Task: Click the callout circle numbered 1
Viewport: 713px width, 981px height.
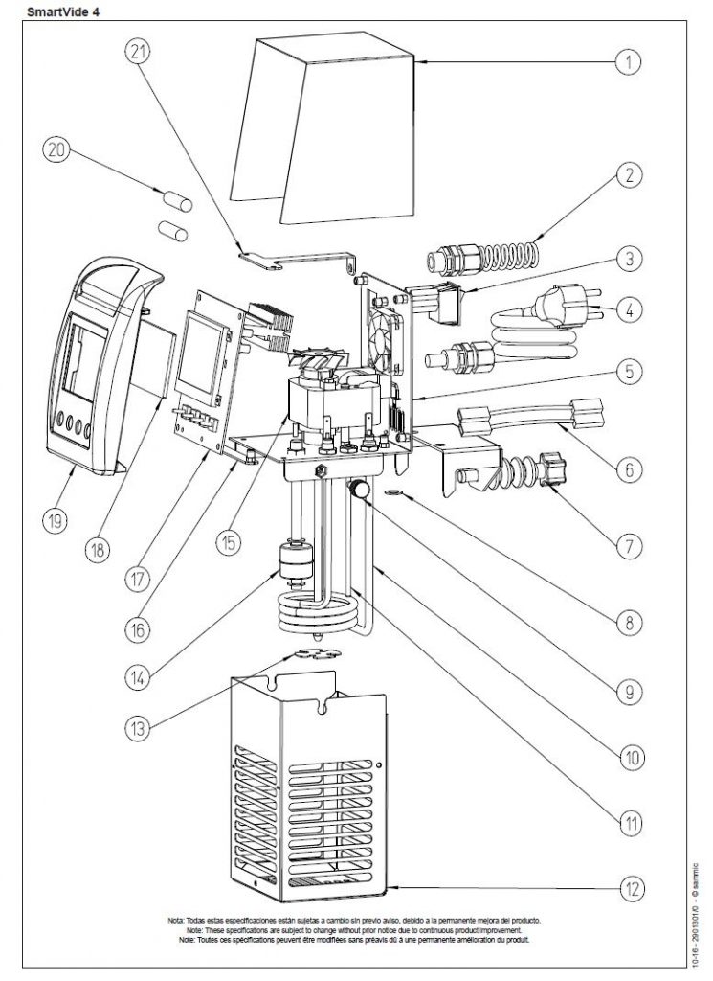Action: (x=627, y=64)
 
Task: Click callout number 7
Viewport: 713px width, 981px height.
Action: (x=628, y=546)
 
